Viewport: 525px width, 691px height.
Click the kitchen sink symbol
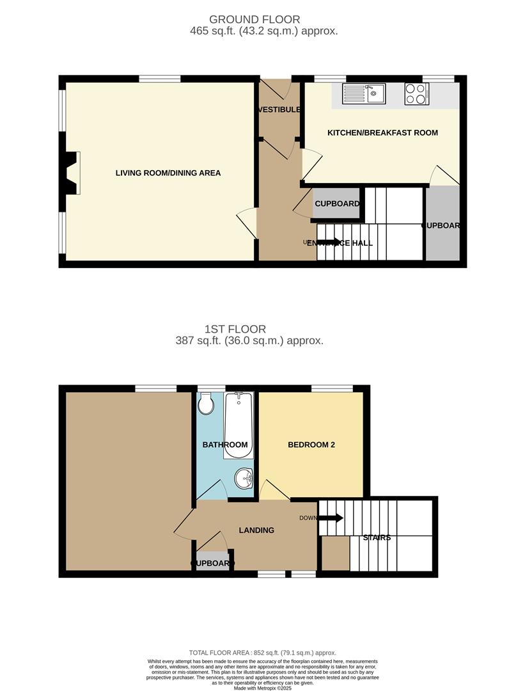(363, 95)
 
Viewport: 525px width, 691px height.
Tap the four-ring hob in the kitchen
(416, 95)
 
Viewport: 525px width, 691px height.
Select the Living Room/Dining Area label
(168, 173)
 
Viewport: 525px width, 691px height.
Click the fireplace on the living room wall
(72, 172)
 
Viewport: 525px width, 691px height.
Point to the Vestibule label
(279, 109)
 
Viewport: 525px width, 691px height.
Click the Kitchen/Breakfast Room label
(382, 132)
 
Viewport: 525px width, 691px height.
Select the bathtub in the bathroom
(239, 425)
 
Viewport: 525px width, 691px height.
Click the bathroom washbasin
(244, 477)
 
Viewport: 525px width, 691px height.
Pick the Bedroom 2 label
(311, 445)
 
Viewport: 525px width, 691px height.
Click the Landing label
(256, 530)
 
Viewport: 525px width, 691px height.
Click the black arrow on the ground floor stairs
(327, 242)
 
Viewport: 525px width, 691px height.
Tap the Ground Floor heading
(255, 20)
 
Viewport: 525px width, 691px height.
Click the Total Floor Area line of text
(262, 653)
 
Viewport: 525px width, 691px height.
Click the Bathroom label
(225, 445)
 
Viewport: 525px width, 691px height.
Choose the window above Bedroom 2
(332, 388)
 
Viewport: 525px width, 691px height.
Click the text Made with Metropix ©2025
(262, 687)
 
